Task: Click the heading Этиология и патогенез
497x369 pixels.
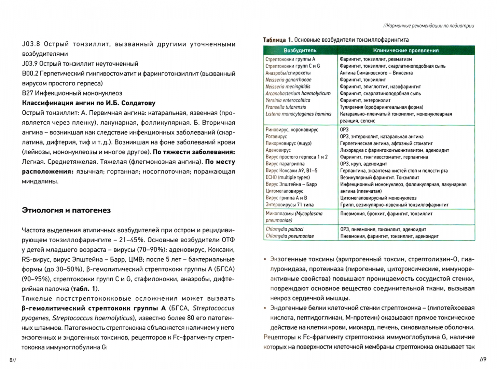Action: [x=66, y=210]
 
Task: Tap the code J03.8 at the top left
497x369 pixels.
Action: [x=31, y=44]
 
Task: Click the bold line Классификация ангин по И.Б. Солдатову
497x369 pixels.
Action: [x=88, y=103]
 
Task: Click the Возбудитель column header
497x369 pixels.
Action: [x=300, y=51]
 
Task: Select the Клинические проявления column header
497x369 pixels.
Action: [x=406, y=51]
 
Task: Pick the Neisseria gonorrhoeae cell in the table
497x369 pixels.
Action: [x=288, y=80]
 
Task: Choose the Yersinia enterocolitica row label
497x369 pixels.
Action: [x=288, y=100]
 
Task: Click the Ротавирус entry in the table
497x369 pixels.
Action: [x=276, y=136]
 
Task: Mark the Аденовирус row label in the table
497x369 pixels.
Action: [x=278, y=150]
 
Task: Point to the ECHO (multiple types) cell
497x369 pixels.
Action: [x=288, y=177]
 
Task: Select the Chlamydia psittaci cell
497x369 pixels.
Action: [x=285, y=229]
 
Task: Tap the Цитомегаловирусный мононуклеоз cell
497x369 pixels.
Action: [x=378, y=198]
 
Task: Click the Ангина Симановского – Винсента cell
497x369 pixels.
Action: [x=376, y=73]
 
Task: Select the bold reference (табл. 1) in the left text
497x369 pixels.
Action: [x=85, y=289]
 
